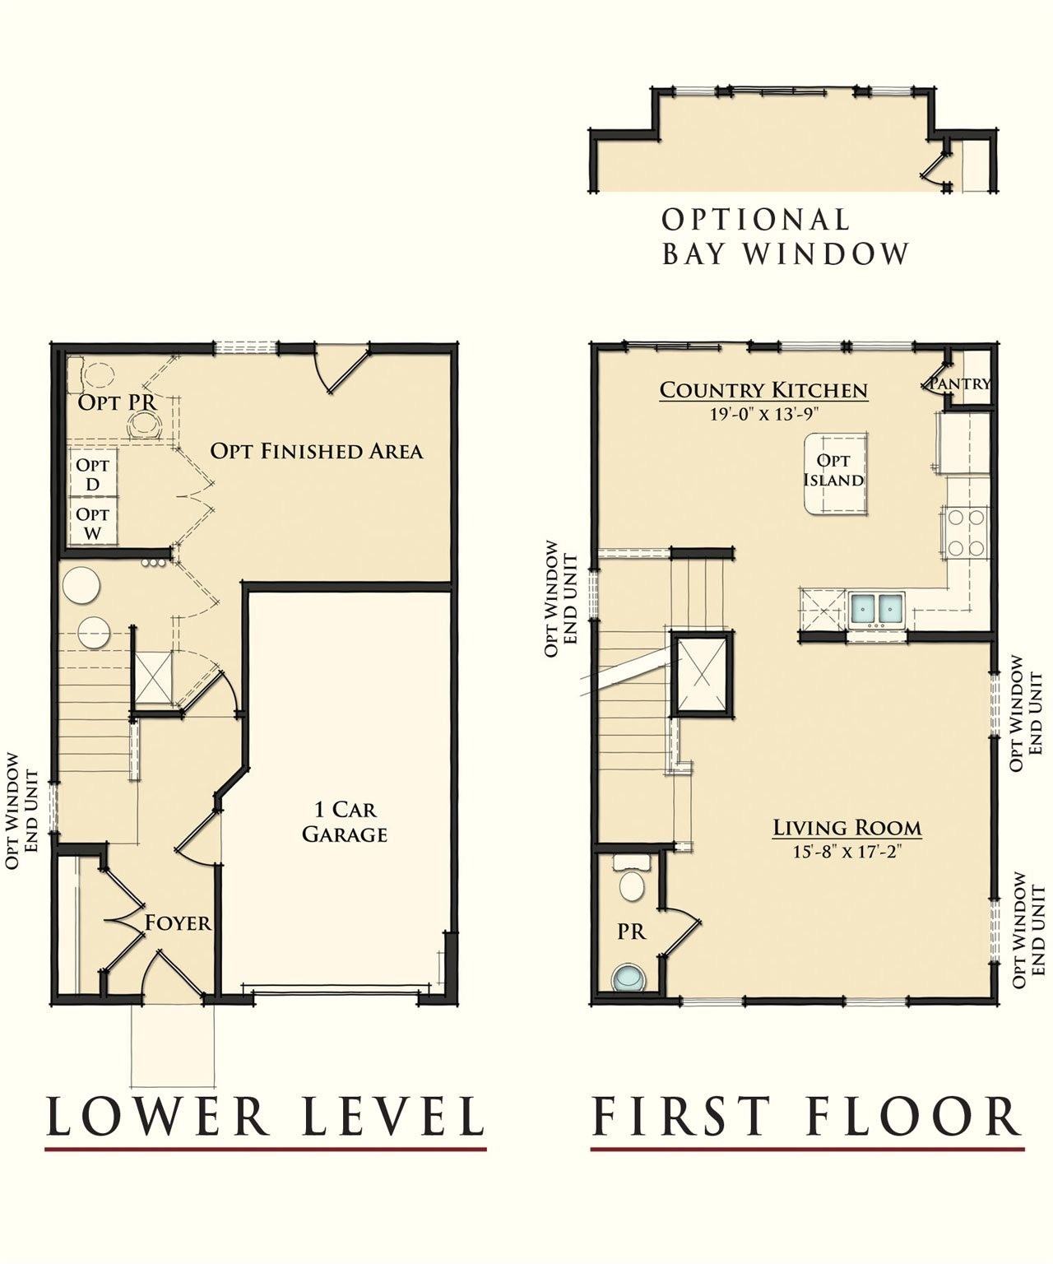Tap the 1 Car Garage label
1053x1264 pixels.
pyautogui.click(x=345, y=821)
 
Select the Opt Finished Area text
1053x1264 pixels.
pyautogui.click(x=317, y=451)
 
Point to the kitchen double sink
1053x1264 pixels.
pyautogui.click(x=877, y=611)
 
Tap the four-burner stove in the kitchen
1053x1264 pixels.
pyautogui.click(x=965, y=533)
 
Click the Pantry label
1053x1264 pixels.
pyautogui.click(x=960, y=383)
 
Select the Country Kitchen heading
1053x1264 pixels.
pyautogui.click(x=763, y=390)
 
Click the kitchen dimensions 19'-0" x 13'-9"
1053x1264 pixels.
pyautogui.click(x=765, y=415)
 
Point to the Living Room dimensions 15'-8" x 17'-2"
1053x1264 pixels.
pyautogui.click(x=847, y=852)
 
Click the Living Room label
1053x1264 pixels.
pyautogui.click(x=847, y=828)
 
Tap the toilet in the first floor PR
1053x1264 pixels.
pyautogui.click(x=632, y=879)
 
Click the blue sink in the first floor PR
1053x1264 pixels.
pyautogui.click(x=629, y=978)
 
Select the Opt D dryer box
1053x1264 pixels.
pyautogui.click(x=93, y=474)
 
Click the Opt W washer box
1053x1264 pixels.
pyautogui.click(x=93, y=523)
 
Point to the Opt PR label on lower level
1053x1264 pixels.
pyautogui.click(x=118, y=402)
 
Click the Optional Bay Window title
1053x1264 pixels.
pyautogui.click(x=786, y=237)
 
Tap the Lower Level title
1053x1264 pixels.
pyautogui.click(x=267, y=1116)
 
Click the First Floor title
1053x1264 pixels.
pyautogui.click(x=807, y=1116)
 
